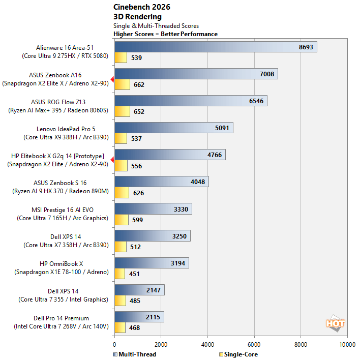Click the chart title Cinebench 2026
tap(141, 7)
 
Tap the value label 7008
tap(266, 74)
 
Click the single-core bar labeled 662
tap(122, 84)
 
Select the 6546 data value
tap(256, 101)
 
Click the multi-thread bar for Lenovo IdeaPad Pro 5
tap(173, 128)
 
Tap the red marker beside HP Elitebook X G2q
tap(112, 160)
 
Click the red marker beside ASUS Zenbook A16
tap(112, 79)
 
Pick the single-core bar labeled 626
tap(122, 193)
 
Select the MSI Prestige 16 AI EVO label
tap(63, 209)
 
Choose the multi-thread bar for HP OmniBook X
tap(152, 263)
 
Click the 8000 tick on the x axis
tap(301, 343)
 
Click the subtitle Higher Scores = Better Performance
tap(165, 34)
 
